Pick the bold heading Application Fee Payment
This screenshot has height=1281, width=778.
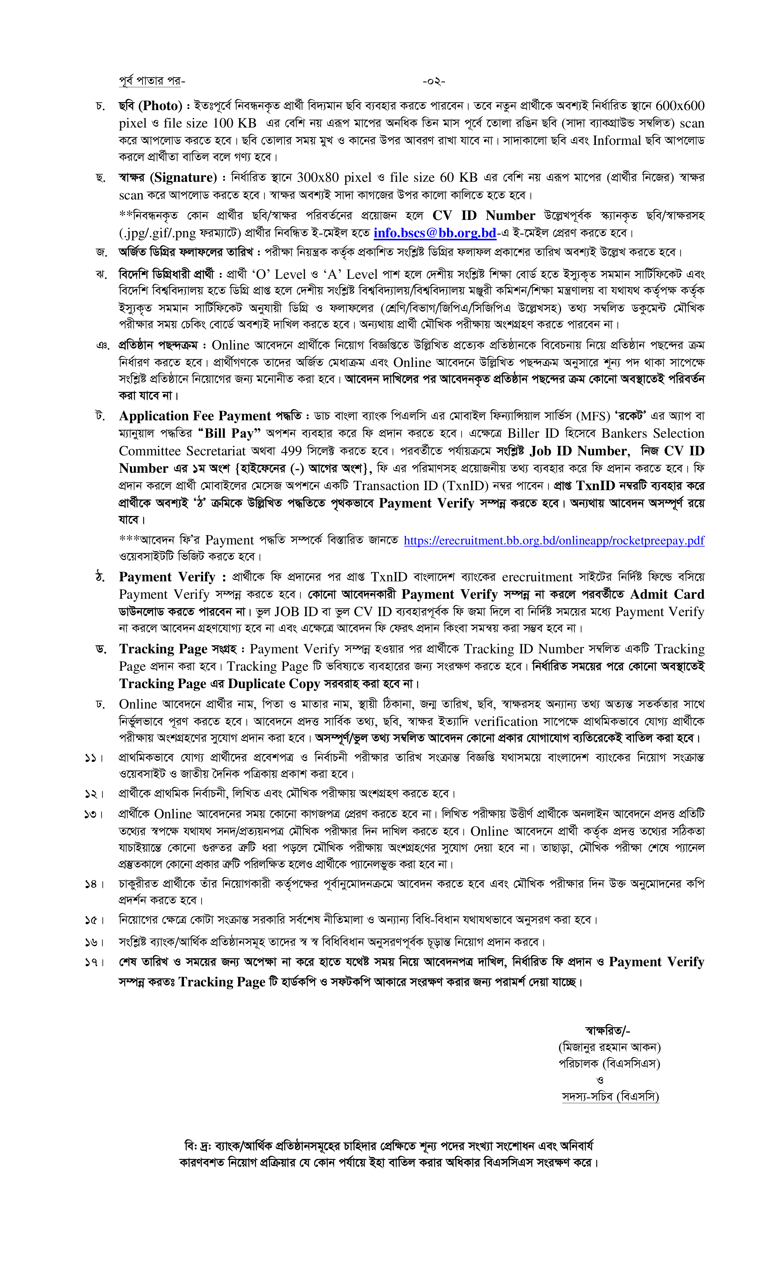tap(195, 416)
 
